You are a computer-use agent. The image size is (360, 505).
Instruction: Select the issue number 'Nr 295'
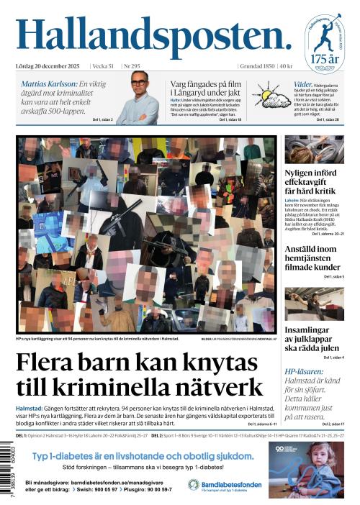[x=133, y=66]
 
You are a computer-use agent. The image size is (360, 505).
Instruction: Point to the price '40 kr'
[x=285, y=66]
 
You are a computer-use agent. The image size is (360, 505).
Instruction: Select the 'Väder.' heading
[x=302, y=84]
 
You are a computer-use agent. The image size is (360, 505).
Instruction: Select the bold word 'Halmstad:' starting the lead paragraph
[x=31, y=407]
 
